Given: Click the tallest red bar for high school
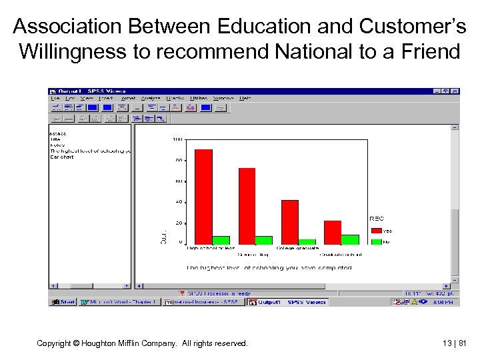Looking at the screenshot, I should pyautogui.click(x=203, y=196).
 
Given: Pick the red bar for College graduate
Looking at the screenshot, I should pyautogui.click(x=289, y=221).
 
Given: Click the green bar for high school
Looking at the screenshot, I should pyautogui.click(x=221, y=240).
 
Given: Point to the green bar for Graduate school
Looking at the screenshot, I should pyautogui.click(x=349, y=239).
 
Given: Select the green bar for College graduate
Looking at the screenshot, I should pyautogui.click(x=307, y=241).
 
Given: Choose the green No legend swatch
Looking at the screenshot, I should pyautogui.click(x=376, y=241).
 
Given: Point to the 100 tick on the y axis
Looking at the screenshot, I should pyautogui.click(x=177, y=139).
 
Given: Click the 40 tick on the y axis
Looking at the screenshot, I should pyautogui.click(x=179, y=201).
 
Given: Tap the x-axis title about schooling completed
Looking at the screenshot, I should pyautogui.click(x=269, y=268).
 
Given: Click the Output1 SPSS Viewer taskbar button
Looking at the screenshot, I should pyautogui.click(x=287, y=302).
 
